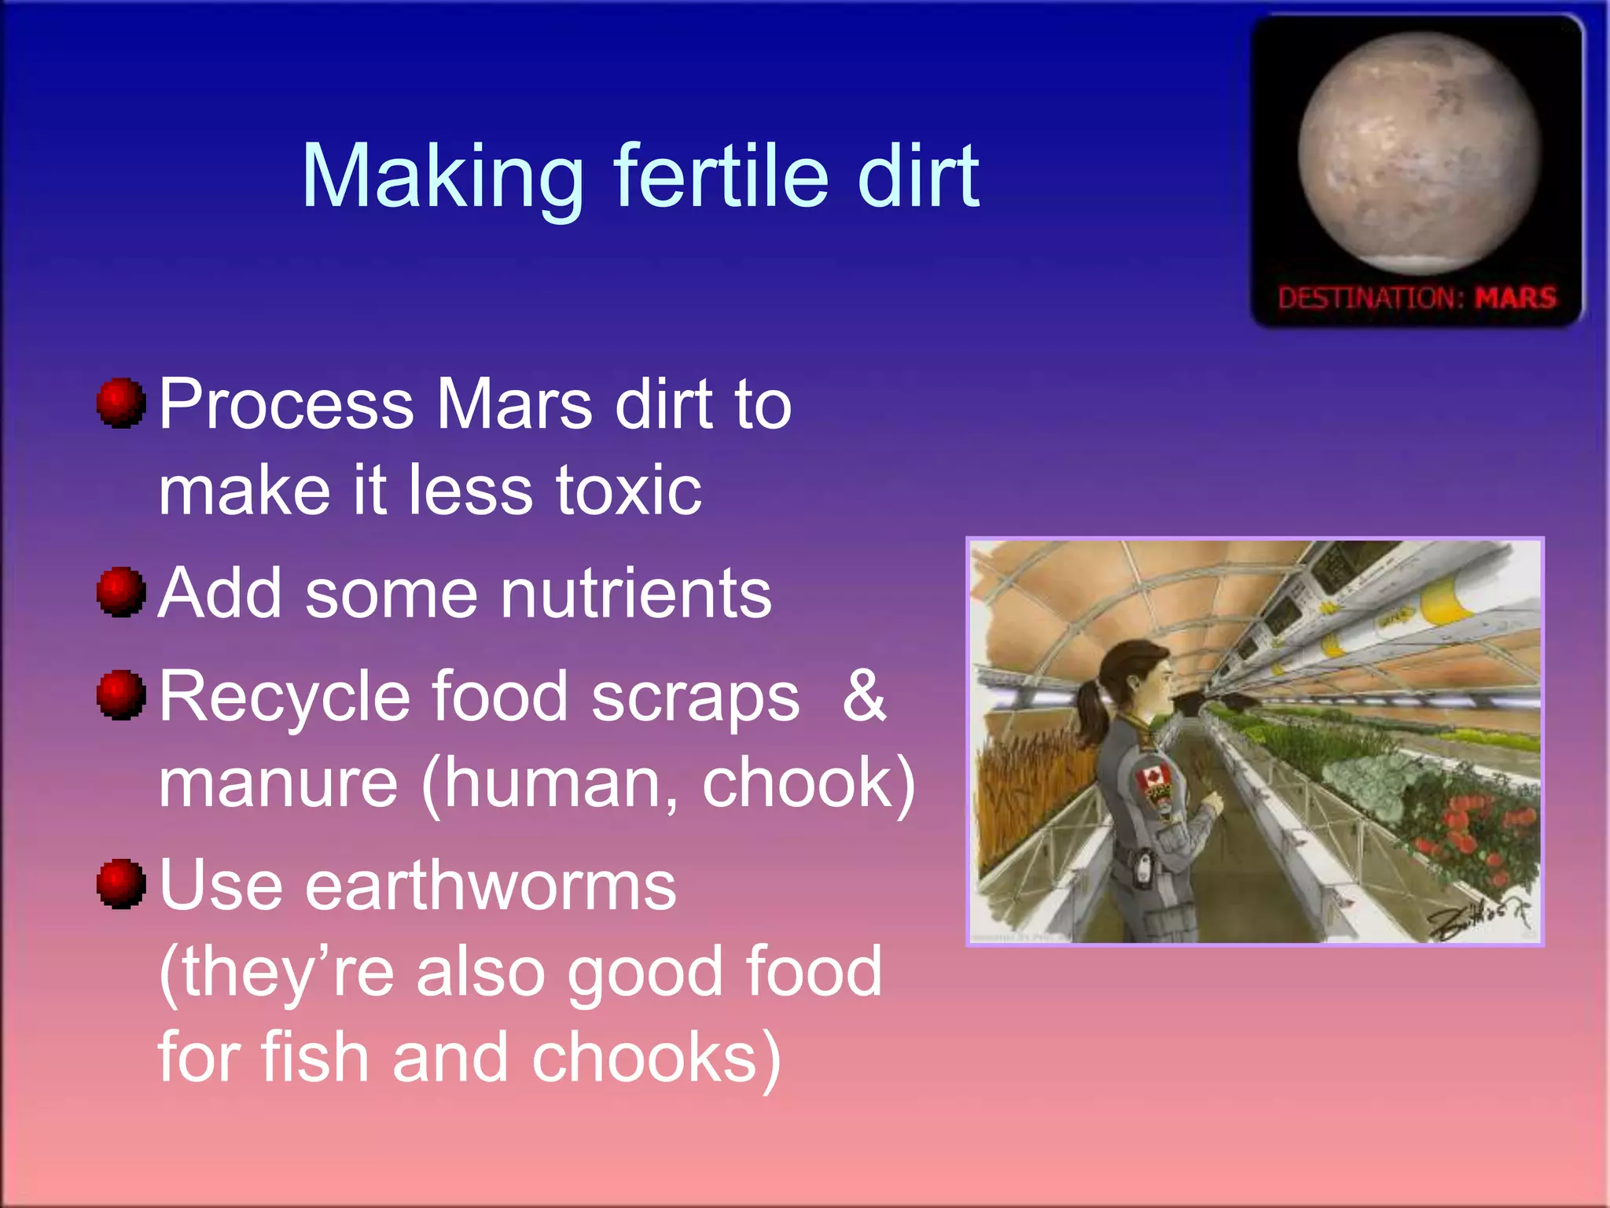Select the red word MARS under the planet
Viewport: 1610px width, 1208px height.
coord(1515,298)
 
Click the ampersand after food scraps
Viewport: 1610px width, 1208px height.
coord(863,696)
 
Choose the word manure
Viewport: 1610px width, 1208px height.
coord(278,783)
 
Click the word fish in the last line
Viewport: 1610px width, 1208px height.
coord(314,1058)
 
